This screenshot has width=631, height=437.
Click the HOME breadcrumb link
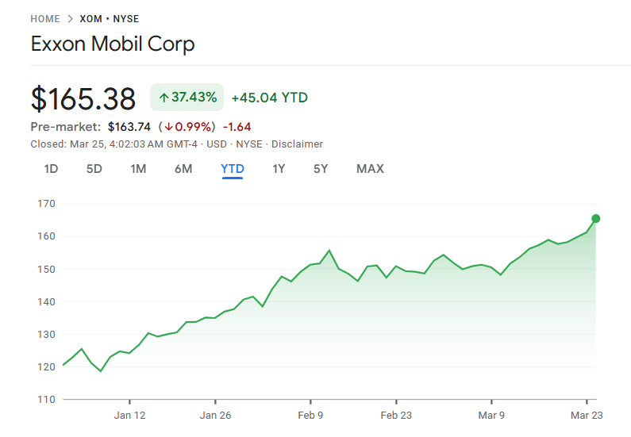coord(45,18)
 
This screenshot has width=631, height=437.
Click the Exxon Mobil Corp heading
coord(113,44)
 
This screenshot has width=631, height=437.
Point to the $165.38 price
coord(83,98)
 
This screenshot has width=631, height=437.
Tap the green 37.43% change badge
coord(187,98)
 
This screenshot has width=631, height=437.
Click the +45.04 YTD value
coord(270,98)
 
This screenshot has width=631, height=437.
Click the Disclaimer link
coord(297,144)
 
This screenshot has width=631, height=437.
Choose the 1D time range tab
coord(51,169)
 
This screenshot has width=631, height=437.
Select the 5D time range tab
coord(94,169)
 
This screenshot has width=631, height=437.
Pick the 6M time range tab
coord(183,169)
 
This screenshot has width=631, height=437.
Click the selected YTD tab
coord(233,169)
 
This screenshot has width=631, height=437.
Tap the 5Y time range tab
coord(321,169)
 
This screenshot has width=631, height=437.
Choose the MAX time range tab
coord(370,169)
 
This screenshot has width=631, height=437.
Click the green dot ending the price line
coord(596,219)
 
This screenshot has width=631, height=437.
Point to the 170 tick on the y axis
coord(46,204)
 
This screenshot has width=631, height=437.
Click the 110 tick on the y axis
coord(46,400)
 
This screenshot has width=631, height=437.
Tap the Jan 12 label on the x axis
coord(129,415)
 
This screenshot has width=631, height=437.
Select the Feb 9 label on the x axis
coord(310,415)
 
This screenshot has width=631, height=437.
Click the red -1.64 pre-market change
coord(237,127)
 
